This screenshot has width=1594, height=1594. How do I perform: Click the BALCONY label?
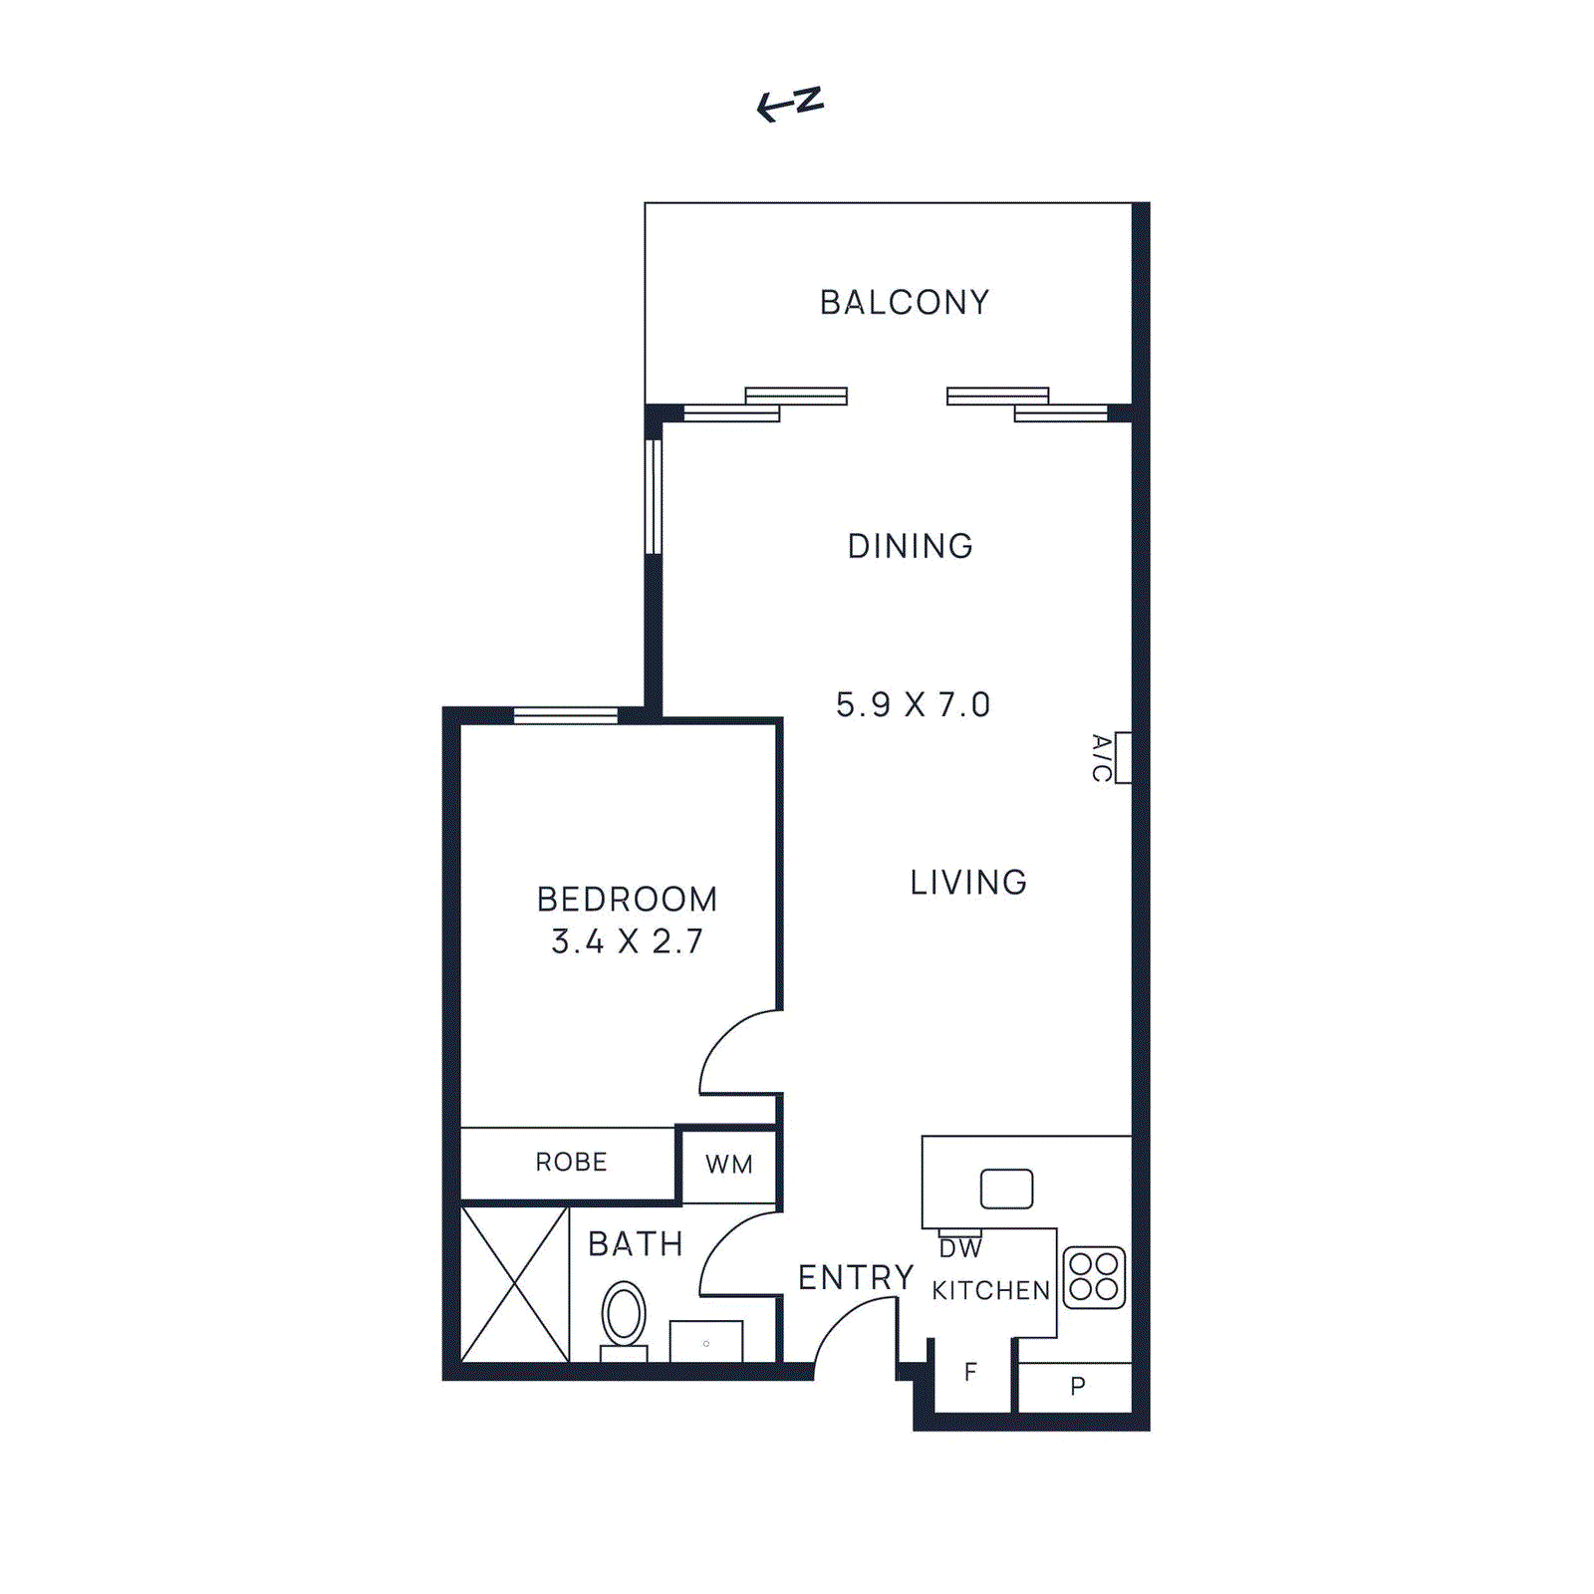click(904, 302)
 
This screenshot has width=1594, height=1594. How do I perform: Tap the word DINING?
click(910, 546)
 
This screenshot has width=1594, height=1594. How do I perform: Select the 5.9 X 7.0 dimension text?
click(913, 704)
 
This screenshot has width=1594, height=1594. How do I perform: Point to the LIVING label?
click(968, 882)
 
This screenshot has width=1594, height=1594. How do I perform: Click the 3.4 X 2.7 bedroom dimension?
click(628, 941)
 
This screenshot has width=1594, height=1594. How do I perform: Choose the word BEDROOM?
click(628, 899)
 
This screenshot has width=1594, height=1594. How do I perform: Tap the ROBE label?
click(571, 1162)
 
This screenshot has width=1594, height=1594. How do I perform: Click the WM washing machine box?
click(728, 1164)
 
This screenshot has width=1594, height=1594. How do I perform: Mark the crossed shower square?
click(515, 1284)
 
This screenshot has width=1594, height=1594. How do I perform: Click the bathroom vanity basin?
click(706, 1342)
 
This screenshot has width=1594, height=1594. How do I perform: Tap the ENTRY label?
click(856, 1277)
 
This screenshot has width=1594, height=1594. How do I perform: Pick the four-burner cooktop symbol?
click(1094, 1277)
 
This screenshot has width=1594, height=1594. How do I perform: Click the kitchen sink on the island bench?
click(1006, 1189)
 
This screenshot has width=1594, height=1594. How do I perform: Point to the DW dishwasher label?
click(960, 1248)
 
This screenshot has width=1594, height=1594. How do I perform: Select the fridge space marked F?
click(971, 1373)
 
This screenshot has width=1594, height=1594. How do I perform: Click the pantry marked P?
click(1077, 1386)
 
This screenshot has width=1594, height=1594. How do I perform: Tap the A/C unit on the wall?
click(1123, 758)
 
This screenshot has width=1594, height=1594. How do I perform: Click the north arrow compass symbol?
click(790, 103)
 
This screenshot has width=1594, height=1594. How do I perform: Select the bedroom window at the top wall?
click(565, 715)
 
